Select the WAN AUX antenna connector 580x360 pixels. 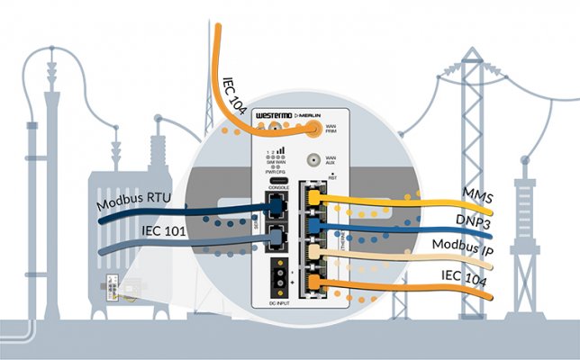click(314, 160)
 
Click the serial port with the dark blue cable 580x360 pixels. click(274, 206)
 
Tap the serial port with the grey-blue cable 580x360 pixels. click(274, 237)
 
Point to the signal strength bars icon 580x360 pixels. click(279, 150)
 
